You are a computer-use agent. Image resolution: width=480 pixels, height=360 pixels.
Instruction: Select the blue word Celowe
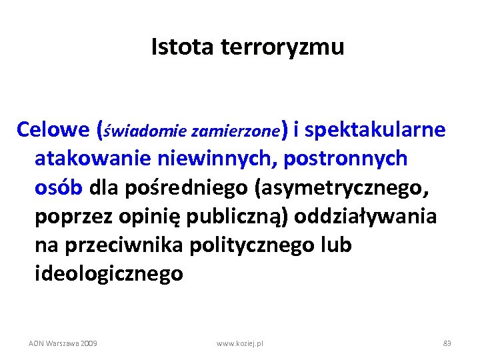tap(53, 129)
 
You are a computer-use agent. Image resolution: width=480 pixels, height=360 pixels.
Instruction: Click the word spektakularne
tap(375, 130)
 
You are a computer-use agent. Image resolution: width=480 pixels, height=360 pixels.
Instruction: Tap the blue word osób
tap(58, 187)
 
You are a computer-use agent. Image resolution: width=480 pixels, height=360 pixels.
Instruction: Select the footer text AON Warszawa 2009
tap(63, 343)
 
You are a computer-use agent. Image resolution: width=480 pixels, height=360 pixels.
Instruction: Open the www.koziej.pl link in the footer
tap(240, 343)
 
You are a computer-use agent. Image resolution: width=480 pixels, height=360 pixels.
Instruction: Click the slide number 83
tap(447, 343)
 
